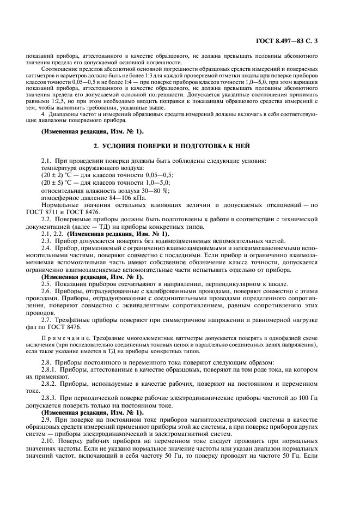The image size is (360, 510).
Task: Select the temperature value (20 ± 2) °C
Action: (59, 175)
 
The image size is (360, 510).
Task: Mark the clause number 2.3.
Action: (46, 240)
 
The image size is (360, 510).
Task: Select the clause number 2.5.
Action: (46, 284)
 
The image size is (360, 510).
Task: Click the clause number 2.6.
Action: (46, 292)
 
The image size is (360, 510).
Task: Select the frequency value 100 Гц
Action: (322, 398)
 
